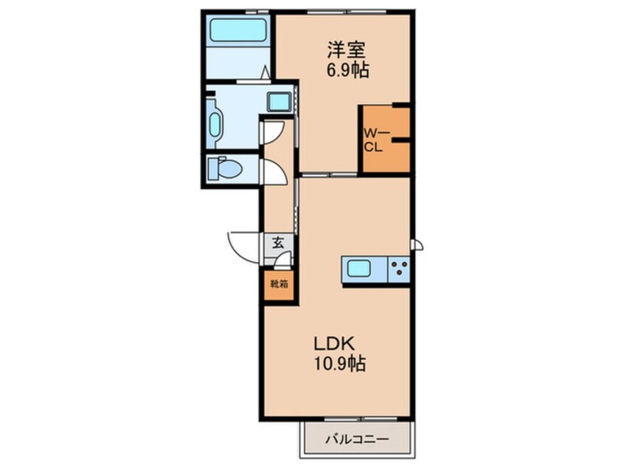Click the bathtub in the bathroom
pos(238,30)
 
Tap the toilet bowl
pos(225,168)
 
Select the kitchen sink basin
pos(359,268)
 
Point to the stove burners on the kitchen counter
pos(398,269)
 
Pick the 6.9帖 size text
pos(347,71)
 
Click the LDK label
pos(334,343)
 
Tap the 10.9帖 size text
pos(340,363)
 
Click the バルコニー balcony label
pos(357,439)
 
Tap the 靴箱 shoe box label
pos(280,284)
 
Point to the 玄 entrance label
pos(278,243)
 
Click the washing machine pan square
pos(278,101)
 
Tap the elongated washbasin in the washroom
pos(215,125)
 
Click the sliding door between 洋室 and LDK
pos(329,174)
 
